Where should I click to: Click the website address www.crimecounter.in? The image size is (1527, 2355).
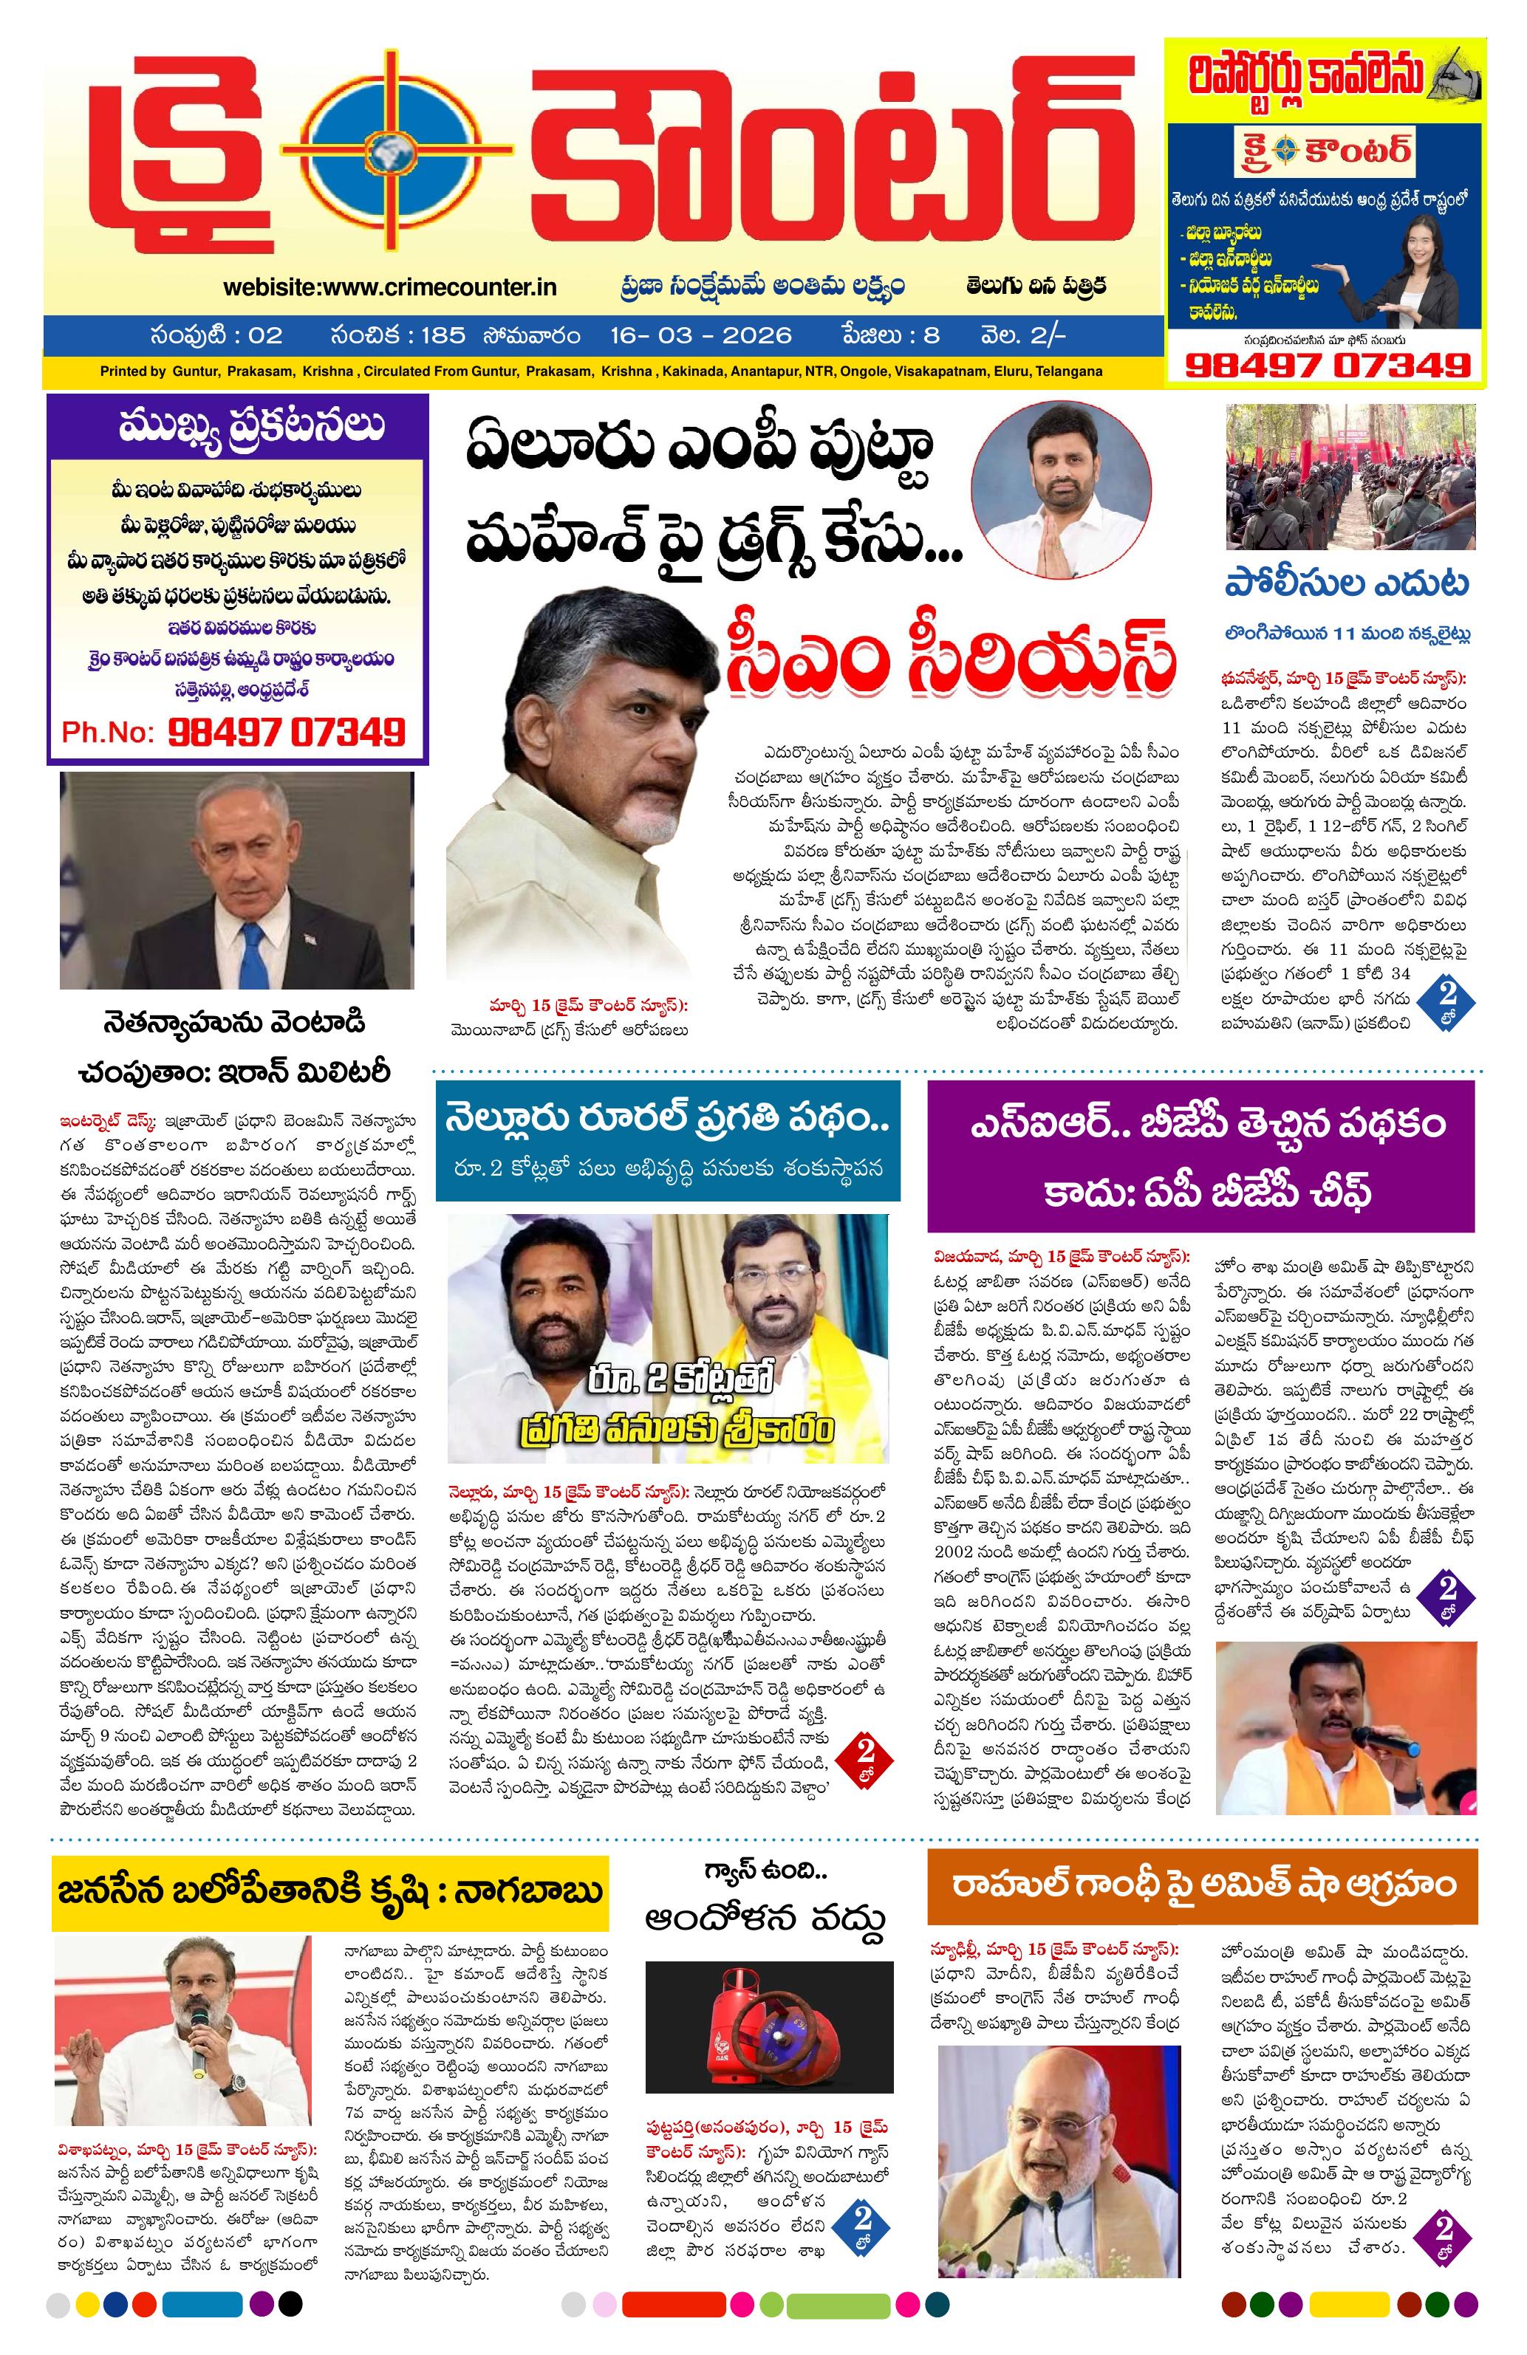click(390, 287)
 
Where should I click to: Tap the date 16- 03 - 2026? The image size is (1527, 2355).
click(700, 335)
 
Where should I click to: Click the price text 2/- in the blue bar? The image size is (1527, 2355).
click(1048, 335)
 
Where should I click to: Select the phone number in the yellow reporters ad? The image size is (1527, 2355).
click(1326, 364)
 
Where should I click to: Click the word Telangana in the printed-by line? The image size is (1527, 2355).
click(1070, 372)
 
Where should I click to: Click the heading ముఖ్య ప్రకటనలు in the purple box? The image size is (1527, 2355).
click(238, 427)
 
